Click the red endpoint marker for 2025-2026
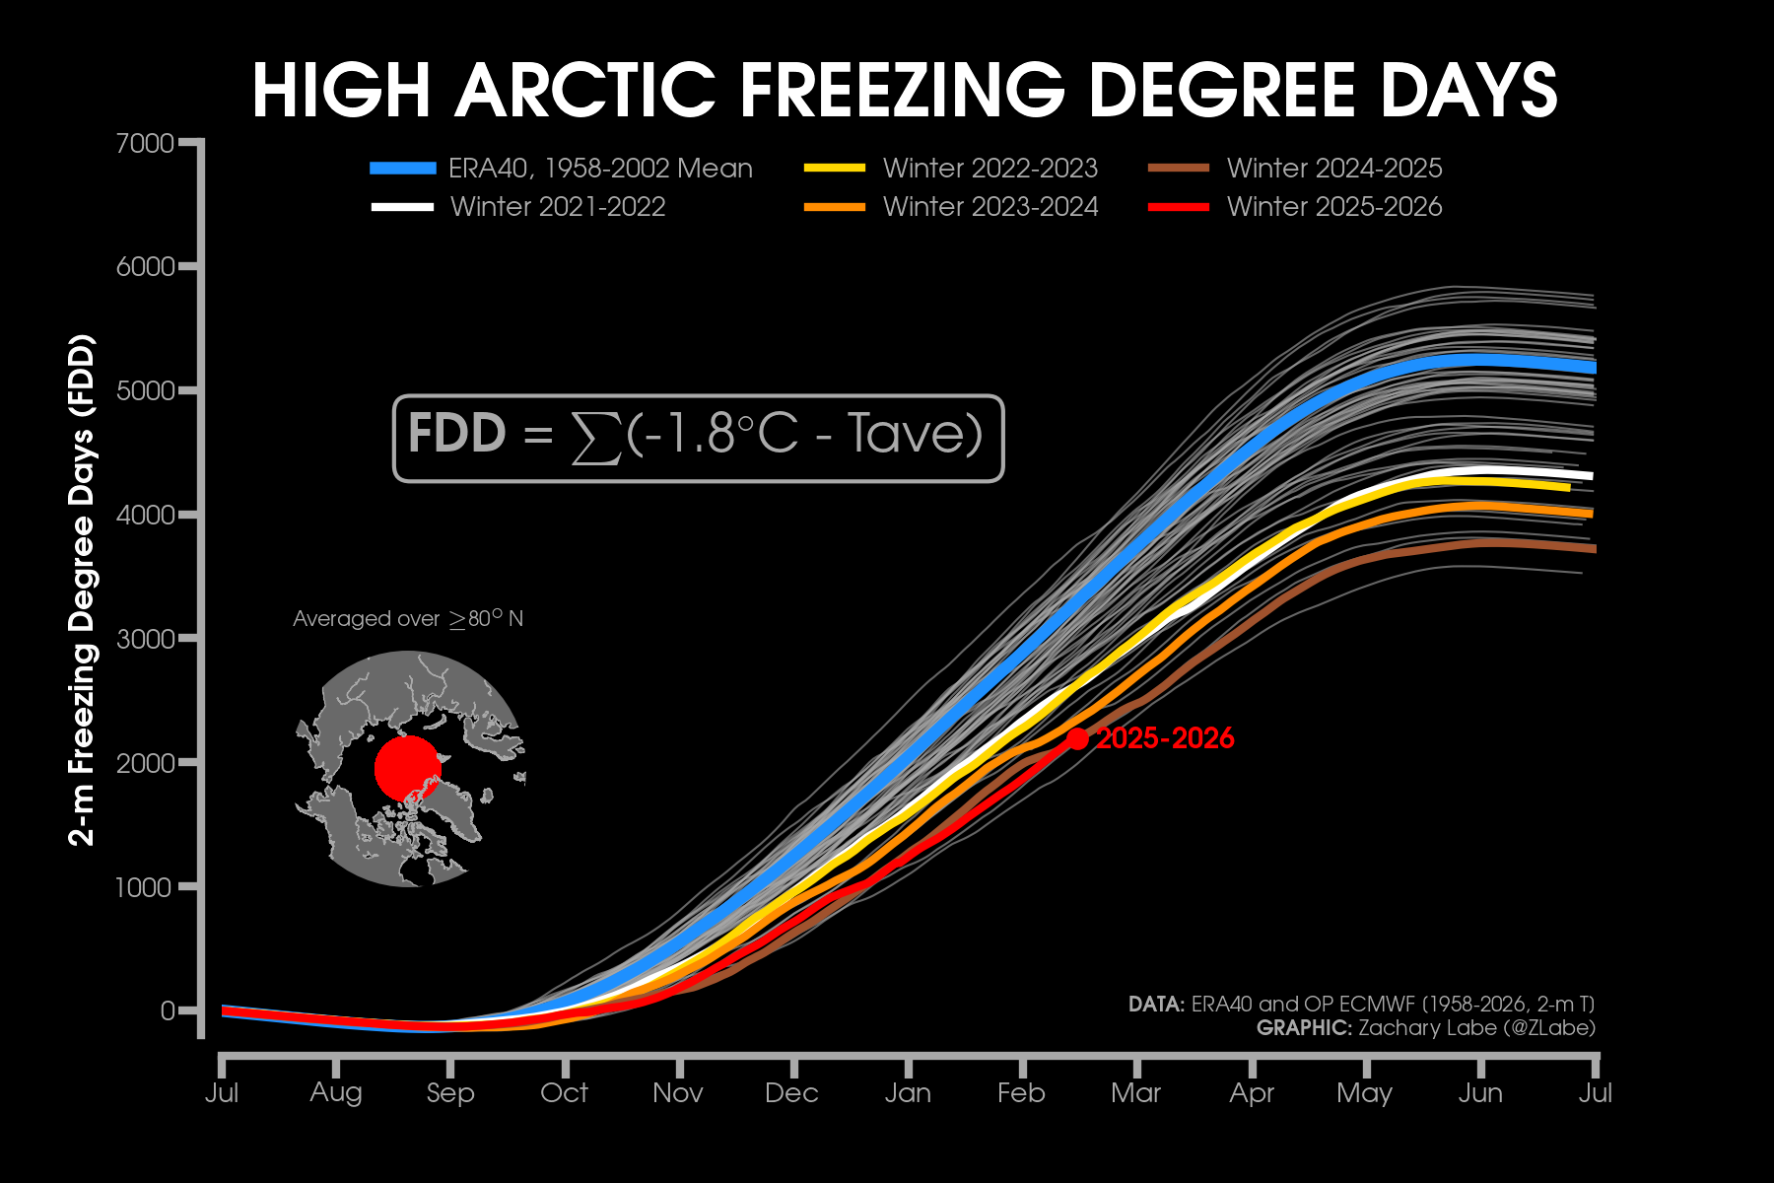pyautogui.click(x=1077, y=738)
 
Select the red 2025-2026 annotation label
pyautogui.click(x=1165, y=738)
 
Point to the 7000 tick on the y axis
pyautogui.click(x=146, y=144)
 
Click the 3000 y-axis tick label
pyautogui.click(x=146, y=639)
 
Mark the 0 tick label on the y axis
pyautogui.click(x=168, y=1010)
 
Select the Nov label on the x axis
pyautogui.click(x=678, y=1092)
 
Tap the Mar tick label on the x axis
pyautogui.click(x=1135, y=1092)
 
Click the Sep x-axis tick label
pyautogui.click(x=450, y=1092)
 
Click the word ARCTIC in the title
pyautogui.click(x=585, y=91)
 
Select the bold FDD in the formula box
pyautogui.click(x=456, y=434)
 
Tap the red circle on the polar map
pyautogui.click(x=407, y=768)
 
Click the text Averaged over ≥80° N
pyautogui.click(x=408, y=619)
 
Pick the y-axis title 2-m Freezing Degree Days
pyautogui.click(x=83, y=590)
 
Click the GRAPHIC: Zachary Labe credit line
pyautogui.click(x=1425, y=1028)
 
